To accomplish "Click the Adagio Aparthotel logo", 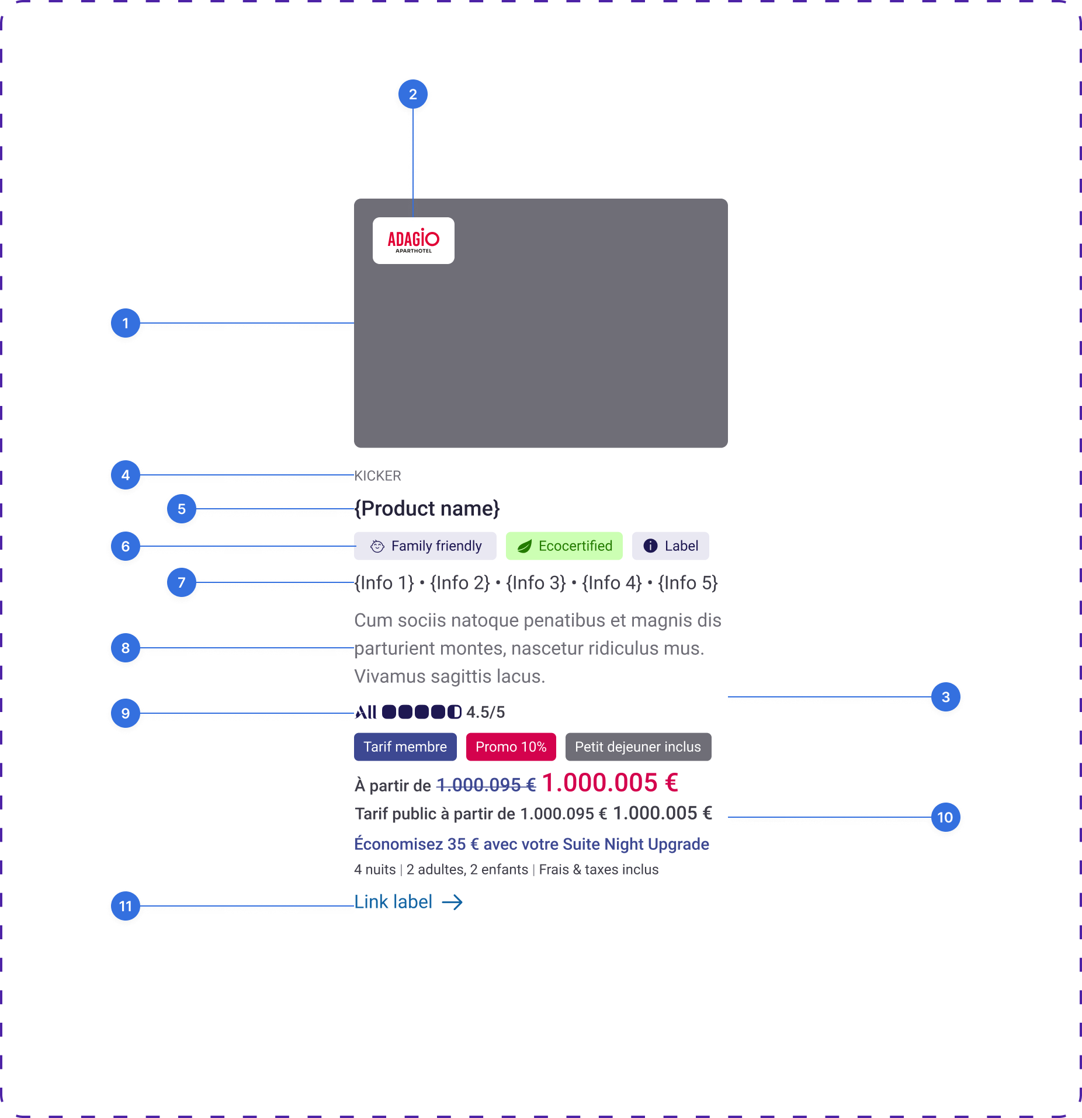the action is tap(413, 241).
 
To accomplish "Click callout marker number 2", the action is tap(413, 94).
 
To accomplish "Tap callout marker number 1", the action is tap(126, 323).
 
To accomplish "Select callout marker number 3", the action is tap(946, 697).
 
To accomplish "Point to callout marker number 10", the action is tap(946, 817).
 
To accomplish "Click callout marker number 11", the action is tap(126, 906).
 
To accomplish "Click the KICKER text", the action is tap(378, 476).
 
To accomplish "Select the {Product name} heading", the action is tap(427, 509).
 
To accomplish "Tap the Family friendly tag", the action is tap(425, 546).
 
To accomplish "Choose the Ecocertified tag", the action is tap(564, 546).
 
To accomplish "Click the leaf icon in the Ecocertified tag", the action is tap(525, 546).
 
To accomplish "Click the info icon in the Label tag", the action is tap(650, 546).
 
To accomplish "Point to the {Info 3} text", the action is tap(536, 583).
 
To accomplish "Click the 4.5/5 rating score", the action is tap(485, 713).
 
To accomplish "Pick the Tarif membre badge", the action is tap(405, 747).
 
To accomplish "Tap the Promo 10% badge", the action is tap(511, 747).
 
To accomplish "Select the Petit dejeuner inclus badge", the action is tap(639, 747).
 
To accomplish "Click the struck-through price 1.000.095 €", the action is tap(486, 785).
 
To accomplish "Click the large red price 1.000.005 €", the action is tap(611, 783).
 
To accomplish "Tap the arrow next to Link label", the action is tap(452, 902).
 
